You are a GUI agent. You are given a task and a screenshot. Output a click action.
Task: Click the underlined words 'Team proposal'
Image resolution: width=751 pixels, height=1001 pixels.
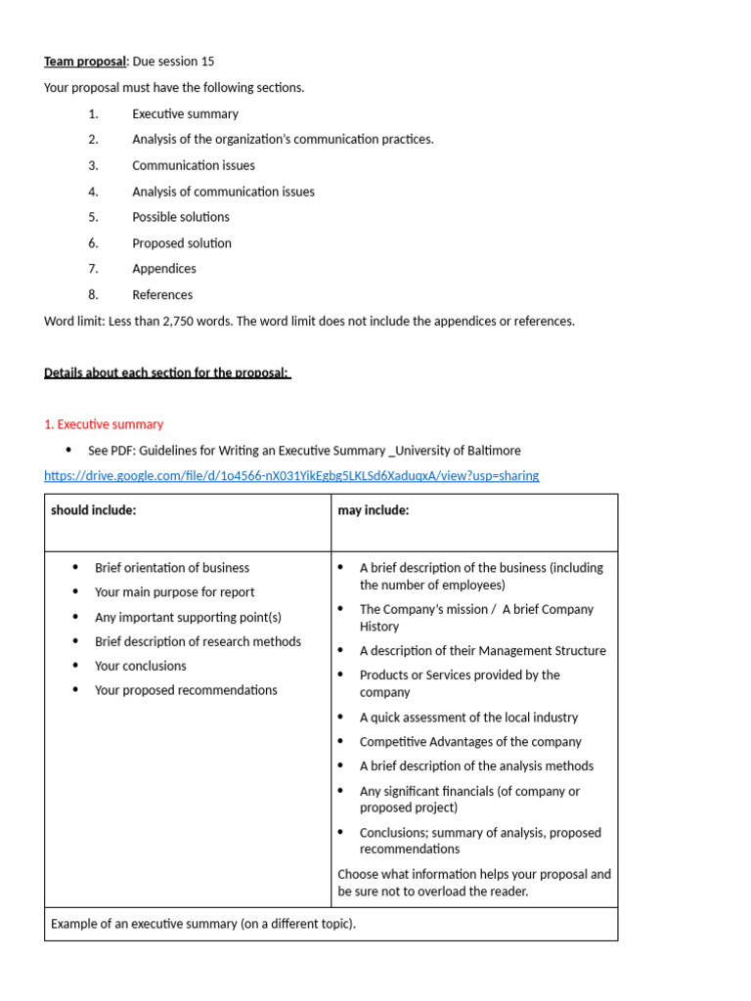coord(85,62)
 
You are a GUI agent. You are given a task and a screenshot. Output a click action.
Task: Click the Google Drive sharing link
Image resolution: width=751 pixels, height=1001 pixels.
coord(291,476)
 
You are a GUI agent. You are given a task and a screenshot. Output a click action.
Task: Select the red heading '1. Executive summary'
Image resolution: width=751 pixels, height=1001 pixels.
coord(104,424)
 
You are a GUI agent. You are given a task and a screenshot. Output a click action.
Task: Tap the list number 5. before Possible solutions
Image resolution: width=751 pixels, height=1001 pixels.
coord(93,217)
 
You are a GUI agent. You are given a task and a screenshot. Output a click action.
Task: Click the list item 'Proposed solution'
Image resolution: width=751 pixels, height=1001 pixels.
coord(182,243)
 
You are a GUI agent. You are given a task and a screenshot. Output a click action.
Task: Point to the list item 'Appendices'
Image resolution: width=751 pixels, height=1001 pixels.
coord(164,269)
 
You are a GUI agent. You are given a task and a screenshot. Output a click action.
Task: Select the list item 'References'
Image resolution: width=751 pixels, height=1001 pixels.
coord(162,295)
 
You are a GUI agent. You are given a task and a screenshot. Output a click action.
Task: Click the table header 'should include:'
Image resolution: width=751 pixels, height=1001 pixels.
coord(94,510)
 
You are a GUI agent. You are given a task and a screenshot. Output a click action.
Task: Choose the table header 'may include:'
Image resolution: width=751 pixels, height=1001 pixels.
coord(374,510)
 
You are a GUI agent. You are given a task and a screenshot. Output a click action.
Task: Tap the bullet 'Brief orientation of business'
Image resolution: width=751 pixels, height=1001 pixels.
coord(172,568)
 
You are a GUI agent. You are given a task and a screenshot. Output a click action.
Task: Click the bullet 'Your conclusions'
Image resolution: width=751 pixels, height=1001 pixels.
coord(141,666)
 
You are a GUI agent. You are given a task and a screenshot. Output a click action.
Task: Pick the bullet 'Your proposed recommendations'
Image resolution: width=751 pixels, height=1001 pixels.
coord(186,690)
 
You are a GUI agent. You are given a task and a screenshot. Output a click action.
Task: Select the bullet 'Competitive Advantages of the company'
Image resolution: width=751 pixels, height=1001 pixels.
coord(470,742)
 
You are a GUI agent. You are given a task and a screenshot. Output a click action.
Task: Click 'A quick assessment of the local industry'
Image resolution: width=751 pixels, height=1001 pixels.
coord(468,718)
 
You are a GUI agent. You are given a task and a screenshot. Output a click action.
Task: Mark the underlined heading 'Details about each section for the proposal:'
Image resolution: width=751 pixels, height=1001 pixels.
coord(167,372)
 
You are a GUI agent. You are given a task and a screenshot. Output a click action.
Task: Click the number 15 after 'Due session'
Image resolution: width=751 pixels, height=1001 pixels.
coord(207,62)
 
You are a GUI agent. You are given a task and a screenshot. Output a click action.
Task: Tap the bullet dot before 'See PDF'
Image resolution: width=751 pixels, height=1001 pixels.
coord(68,450)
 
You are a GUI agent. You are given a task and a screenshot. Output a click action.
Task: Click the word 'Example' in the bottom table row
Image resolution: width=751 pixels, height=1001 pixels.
coord(74,924)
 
